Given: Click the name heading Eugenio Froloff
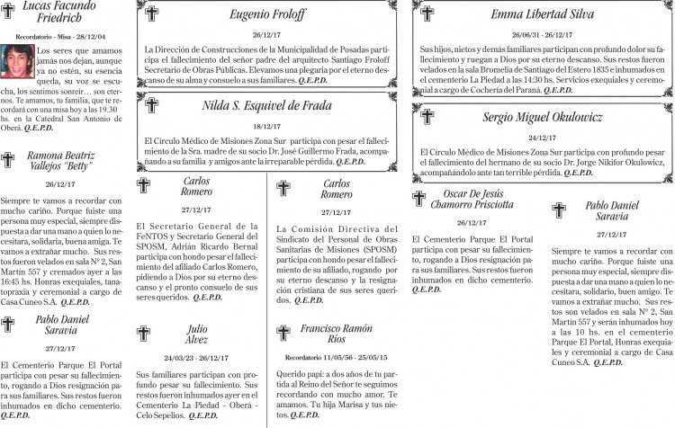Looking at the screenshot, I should [x=267, y=14].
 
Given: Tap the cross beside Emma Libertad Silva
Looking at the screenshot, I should [x=427, y=14].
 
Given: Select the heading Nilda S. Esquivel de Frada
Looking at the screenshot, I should [x=267, y=105].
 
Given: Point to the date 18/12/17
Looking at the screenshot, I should [x=267, y=127].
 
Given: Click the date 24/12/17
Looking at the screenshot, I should [x=543, y=138].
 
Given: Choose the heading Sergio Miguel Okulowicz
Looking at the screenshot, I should [x=542, y=117].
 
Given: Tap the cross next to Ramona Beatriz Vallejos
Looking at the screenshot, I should [x=8, y=160].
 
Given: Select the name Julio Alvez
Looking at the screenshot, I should [x=197, y=334].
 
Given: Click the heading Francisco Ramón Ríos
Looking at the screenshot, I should [x=336, y=334].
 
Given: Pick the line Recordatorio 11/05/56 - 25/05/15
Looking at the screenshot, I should [x=336, y=357].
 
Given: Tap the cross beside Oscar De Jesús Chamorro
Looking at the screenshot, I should [x=418, y=199].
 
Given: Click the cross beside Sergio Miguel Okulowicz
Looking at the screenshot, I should [x=427, y=118].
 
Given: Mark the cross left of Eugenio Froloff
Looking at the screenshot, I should [x=151, y=14].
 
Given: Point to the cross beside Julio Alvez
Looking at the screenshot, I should [x=144, y=334].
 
